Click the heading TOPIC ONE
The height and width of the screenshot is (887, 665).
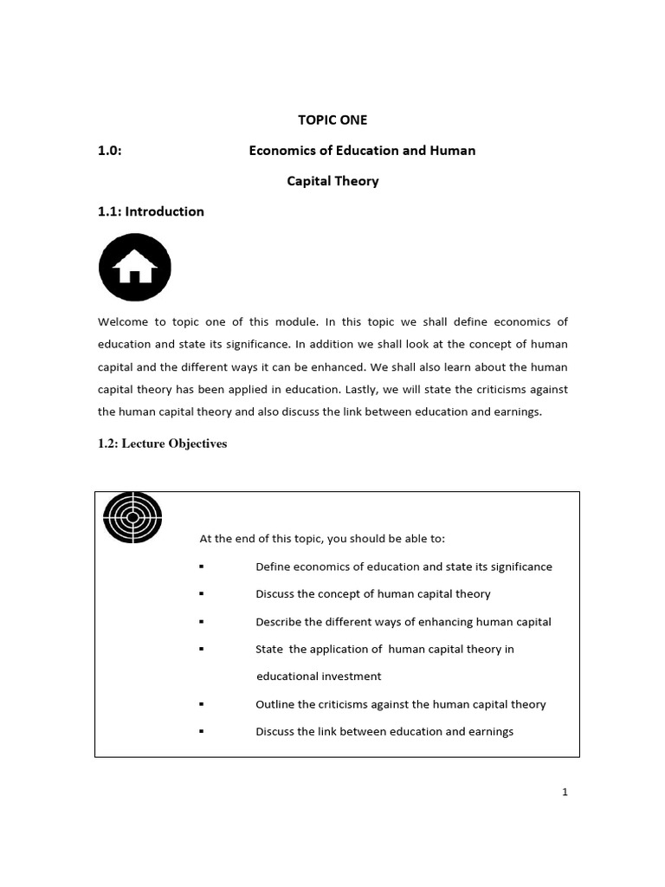click(x=332, y=120)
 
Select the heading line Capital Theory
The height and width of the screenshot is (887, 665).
click(x=332, y=181)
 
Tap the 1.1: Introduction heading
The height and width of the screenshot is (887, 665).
click(x=151, y=211)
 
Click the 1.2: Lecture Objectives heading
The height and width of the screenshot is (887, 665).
click(x=162, y=443)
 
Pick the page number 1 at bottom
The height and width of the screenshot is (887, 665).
click(x=565, y=792)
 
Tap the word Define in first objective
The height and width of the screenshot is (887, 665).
click(x=272, y=567)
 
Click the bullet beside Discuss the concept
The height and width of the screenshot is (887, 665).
click(x=201, y=594)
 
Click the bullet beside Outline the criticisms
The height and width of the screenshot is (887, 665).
click(x=201, y=704)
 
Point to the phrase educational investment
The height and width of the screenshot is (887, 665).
click(x=318, y=676)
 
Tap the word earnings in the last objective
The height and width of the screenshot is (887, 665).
click(x=489, y=732)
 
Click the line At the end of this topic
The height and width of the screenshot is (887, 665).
click(x=322, y=539)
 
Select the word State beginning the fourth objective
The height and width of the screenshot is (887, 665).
click(x=269, y=649)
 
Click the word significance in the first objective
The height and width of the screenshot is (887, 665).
click(x=520, y=567)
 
